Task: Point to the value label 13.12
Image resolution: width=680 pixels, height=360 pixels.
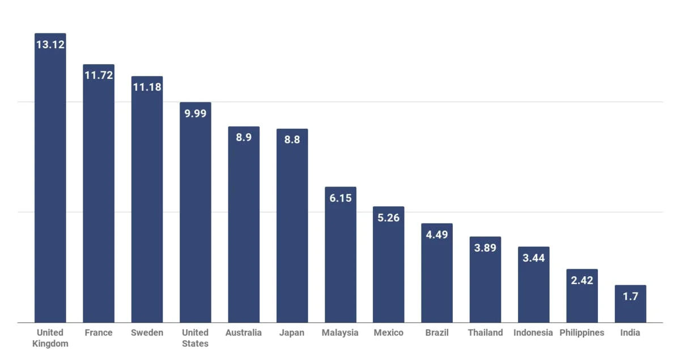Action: [x=50, y=44]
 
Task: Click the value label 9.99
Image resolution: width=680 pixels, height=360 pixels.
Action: [x=195, y=113]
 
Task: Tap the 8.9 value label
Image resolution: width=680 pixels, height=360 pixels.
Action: [x=244, y=138]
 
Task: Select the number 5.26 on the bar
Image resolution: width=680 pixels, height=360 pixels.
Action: [x=389, y=218]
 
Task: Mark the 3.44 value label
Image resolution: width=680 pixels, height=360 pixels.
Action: [x=534, y=258]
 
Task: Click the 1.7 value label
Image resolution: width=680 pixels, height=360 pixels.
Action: [x=630, y=297]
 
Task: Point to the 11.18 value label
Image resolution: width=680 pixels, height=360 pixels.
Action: [x=147, y=87]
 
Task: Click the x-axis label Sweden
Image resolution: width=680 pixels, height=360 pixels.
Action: [x=147, y=333]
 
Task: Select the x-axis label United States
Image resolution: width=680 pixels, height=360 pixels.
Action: [x=195, y=338]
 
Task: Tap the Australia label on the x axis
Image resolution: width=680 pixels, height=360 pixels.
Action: [x=244, y=333]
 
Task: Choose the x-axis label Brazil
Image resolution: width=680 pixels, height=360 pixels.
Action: [x=437, y=333]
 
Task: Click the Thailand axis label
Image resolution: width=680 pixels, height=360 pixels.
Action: [x=485, y=333]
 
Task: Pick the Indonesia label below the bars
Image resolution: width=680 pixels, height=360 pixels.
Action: [x=533, y=333]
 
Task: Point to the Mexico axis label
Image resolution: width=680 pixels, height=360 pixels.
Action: [x=389, y=333]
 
